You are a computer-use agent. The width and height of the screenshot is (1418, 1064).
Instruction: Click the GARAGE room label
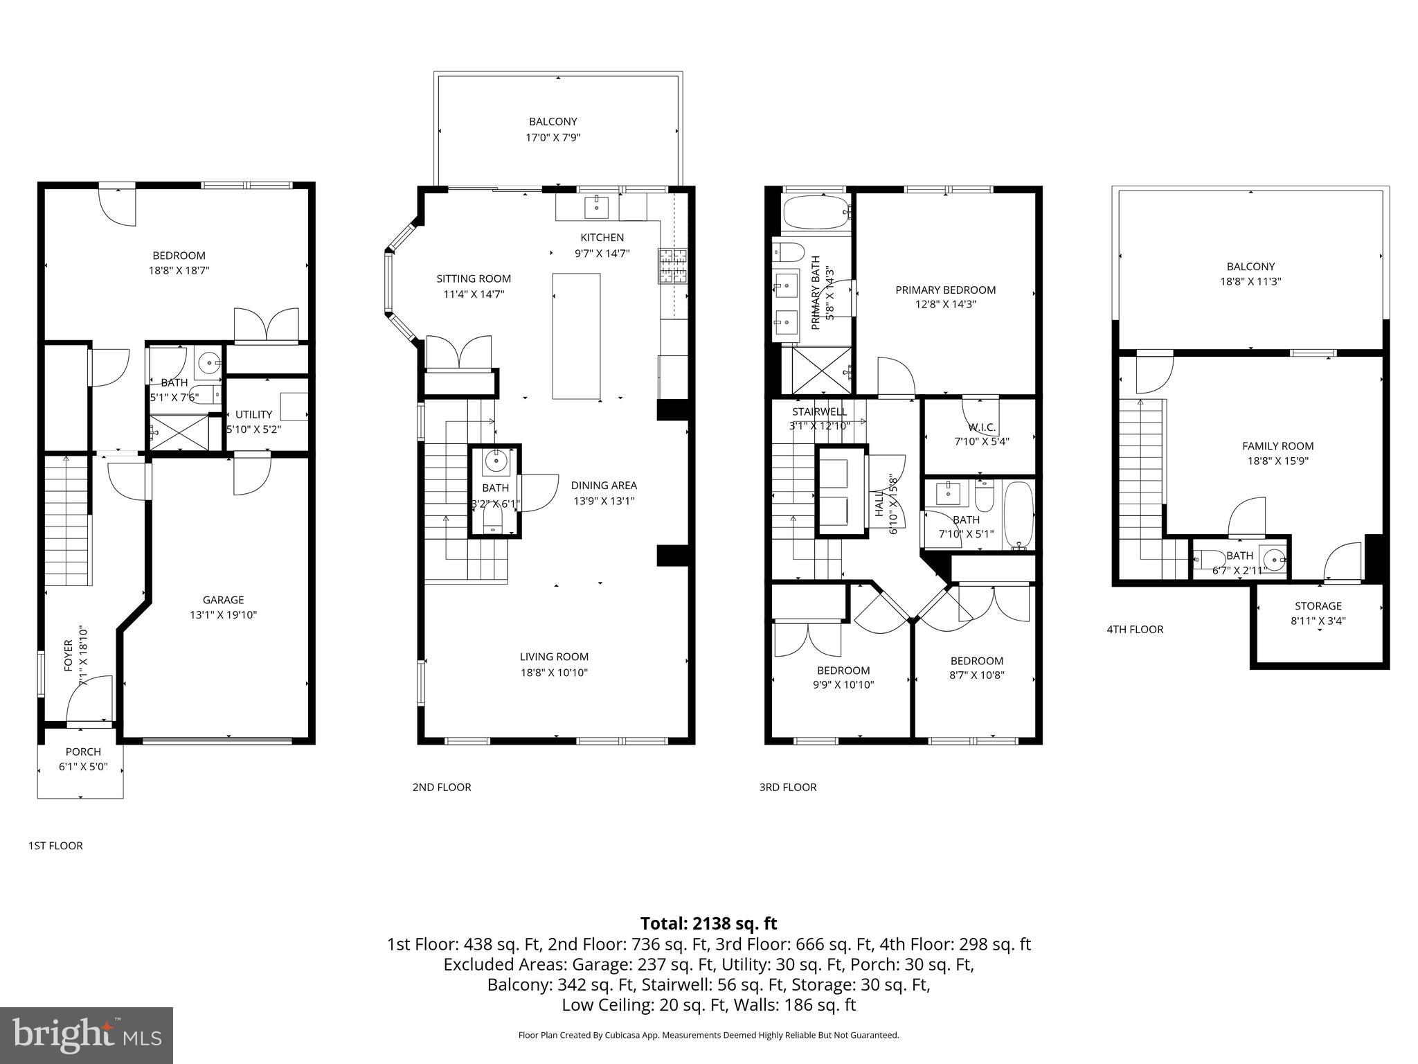pyautogui.click(x=223, y=600)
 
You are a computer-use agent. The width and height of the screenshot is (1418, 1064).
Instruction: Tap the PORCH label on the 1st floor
pyautogui.click(x=83, y=752)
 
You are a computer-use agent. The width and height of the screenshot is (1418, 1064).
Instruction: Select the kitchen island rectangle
pyautogui.click(x=576, y=336)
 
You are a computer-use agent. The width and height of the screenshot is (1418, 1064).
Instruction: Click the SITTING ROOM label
pyautogui.click(x=474, y=278)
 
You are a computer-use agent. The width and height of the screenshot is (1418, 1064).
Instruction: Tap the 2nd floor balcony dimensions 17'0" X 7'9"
pyautogui.click(x=553, y=138)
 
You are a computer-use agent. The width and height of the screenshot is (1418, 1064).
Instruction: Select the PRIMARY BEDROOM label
pyautogui.click(x=945, y=290)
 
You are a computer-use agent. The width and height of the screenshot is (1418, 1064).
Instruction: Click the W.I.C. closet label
pyautogui.click(x=981, y=427)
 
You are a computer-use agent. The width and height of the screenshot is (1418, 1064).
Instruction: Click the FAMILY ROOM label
pyautogui.click(x=1277, y=446)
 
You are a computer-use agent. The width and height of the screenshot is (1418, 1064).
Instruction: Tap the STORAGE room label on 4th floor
pyautogui.click(x=1318, y=605)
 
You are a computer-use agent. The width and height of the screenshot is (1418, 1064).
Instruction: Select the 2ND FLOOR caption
pyautogui.click(x=442, y=787)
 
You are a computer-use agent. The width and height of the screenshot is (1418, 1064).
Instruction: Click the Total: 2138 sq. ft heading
pyautogui.click(x=708, y=923)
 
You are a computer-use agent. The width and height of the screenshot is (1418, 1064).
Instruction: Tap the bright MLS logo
pyautogui.click(x=87, y=1035)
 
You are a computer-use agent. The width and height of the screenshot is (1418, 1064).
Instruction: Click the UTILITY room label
pyautogui.click(x=253, y=414)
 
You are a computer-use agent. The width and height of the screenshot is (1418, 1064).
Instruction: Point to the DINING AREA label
pyautogui.click(x=604, y=486)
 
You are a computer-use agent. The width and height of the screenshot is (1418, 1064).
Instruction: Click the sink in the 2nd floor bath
pyautogui.click(x=496, y=460)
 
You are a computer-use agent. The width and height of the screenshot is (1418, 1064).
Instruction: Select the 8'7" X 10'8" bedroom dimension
pyautogui.click(x=976, y=675)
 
